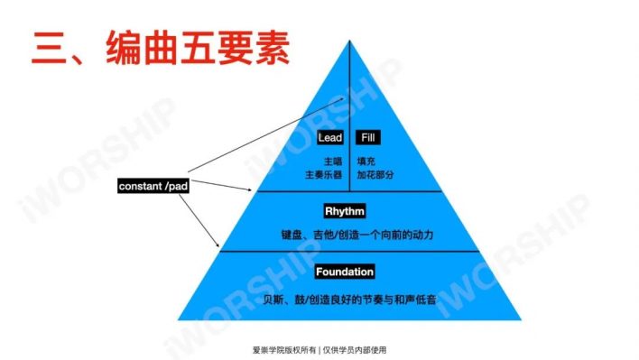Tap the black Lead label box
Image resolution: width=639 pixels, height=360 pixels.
pyautogui.click(x=329, y=138)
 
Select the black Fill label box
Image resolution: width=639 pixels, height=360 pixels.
pyautogui.click(x=367, y=138)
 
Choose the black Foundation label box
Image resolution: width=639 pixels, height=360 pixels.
pyautogui.click(x=345, y=272)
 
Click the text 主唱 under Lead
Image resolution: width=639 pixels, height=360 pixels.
pyautogui.click(x=333, y=160)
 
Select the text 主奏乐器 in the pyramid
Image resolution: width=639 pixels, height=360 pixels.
pyautogui.click(x=323, y=173)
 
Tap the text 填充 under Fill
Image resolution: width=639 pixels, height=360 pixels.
pyautogui.click(x=366, y=160)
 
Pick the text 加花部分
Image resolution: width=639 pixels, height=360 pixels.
pyautogui.click(x=375, y=173)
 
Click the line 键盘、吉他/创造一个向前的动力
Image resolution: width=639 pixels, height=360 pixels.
pyautogui.click(x=357, y=235)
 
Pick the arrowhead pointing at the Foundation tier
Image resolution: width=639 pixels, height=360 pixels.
pyautogui.click(x=218, y=247)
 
